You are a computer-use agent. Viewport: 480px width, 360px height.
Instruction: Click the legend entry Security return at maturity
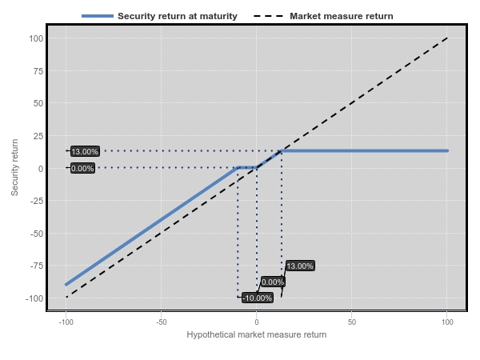[178, 16]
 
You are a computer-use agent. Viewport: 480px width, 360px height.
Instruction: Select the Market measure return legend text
[342, 16]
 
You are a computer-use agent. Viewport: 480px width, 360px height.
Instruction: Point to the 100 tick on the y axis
[36, 38]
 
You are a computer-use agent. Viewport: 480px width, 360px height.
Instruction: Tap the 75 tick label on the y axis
[38, 71]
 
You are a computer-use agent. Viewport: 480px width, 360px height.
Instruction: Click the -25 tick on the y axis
[37, 201]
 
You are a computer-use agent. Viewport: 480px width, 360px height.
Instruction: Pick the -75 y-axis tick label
[37, 266]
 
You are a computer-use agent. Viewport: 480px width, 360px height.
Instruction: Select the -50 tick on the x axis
[162, 322]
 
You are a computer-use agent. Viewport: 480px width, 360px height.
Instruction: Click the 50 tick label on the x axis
[352, 322]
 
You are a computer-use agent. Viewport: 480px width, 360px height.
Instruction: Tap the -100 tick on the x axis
[66, 322]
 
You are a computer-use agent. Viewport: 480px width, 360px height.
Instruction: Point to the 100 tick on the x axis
[447, 322]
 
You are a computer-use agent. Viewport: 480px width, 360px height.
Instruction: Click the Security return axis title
[14, 167]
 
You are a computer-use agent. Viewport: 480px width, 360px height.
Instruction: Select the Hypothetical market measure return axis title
[257, 334]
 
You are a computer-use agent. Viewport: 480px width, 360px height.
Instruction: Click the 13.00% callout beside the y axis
[85, 151]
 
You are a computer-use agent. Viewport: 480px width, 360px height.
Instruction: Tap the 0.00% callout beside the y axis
[82, 168]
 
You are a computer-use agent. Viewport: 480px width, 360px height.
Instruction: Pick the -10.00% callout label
[257, 298]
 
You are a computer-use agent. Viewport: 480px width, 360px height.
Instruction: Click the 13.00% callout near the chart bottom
[300, 266]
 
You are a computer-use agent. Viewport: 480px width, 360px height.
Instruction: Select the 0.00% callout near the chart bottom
[273, 282]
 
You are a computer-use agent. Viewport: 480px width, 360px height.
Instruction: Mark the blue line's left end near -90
[66, 285]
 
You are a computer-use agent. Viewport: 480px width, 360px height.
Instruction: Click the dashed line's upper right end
[447, 38]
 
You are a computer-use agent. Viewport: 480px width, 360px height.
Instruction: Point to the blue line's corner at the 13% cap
[282, 150]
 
